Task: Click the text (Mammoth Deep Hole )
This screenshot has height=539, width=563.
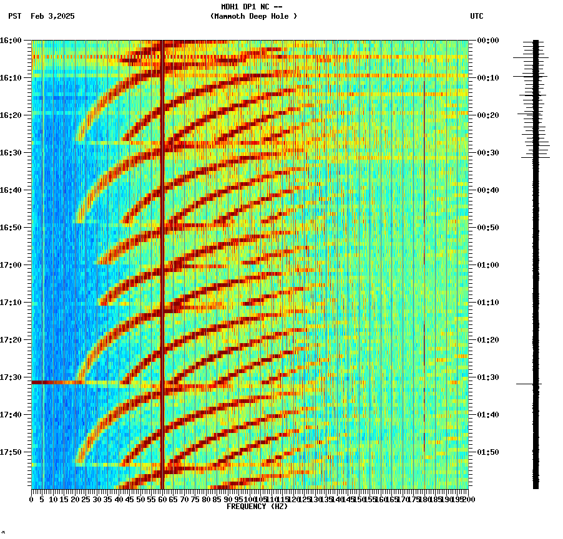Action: [253, 16]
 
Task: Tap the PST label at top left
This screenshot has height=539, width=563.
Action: [15, 16]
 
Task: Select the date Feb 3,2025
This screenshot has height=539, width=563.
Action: [52, 16]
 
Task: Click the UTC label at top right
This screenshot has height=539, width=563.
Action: [476, 16]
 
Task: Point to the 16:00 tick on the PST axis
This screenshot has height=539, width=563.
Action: [12, 41]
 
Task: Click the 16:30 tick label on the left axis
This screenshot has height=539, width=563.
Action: [12, 153]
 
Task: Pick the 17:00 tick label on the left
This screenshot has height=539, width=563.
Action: [12, 265]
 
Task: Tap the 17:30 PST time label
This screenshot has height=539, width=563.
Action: [12, 377]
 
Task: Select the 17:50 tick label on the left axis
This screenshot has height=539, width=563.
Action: [12, 452]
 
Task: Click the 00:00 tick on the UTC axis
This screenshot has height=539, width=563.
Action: [488, 41]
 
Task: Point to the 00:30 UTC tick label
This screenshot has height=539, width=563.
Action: [488, 153]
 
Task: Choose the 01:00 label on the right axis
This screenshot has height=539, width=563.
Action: [488, 265]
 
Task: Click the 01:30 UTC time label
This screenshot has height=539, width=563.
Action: [488, 377]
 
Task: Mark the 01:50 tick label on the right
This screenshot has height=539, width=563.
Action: [488, 452]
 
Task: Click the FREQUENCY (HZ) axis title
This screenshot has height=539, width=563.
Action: [257, 507]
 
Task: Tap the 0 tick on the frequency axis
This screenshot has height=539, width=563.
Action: [32, 500]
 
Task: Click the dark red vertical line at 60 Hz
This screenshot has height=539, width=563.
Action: [162, 250]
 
